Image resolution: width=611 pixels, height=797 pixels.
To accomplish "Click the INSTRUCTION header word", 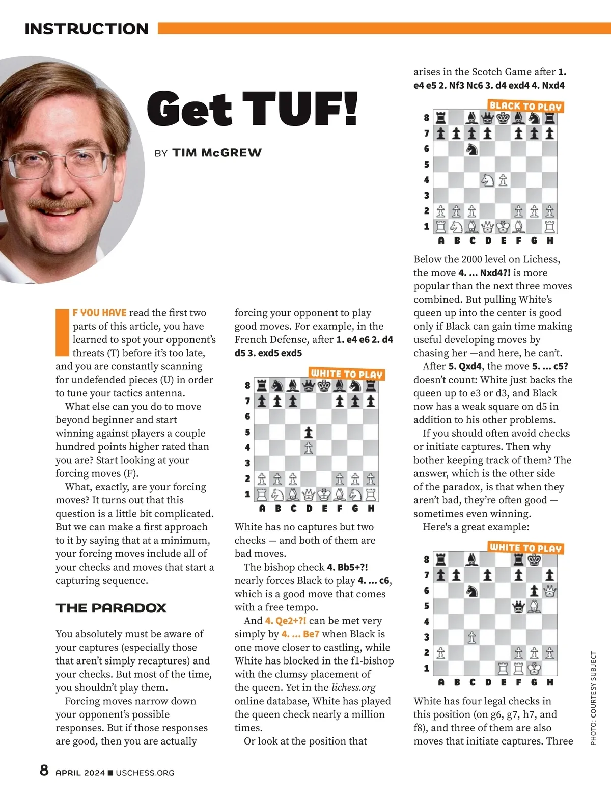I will pos(87,29).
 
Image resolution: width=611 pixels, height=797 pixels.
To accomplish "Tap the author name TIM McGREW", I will pos(217,153).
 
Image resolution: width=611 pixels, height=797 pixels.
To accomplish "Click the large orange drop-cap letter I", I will pos(62,332).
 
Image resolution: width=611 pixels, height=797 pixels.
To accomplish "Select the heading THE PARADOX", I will pos(111,607).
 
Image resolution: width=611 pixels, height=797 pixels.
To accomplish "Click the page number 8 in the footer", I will pos(44,770).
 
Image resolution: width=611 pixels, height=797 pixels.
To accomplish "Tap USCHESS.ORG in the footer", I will pos(145,773).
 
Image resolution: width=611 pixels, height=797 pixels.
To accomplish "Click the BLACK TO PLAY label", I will pos(525,106).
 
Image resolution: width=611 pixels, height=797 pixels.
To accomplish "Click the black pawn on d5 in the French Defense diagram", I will pos(309,433).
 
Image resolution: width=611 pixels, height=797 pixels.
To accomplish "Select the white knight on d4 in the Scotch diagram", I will pos(488,180).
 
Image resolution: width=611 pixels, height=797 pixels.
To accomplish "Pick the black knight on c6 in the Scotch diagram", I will pos(472,149).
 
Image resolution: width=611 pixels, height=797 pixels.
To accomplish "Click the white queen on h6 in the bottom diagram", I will pos(550,591).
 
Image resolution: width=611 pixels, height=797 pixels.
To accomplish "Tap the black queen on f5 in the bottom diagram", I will pos(518,606).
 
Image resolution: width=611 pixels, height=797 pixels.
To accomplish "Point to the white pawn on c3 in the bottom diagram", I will pos(472,637).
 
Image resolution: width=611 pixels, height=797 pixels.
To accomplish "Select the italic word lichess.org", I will pos(353,687).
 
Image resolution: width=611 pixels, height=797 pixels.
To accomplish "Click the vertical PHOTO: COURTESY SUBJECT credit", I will pos(593,698).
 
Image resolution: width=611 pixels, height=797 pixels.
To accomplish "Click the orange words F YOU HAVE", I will pos(99,312).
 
